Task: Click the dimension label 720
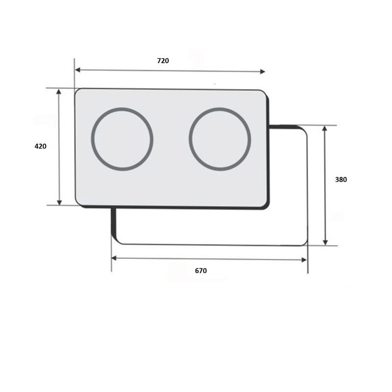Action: (163, 61)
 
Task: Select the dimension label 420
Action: (41, 146)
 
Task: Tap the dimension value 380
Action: (341, 180)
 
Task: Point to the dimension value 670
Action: (201, 270)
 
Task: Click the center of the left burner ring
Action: (122, 139)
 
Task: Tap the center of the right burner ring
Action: (220, 139)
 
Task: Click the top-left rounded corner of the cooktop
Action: (78, 92)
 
